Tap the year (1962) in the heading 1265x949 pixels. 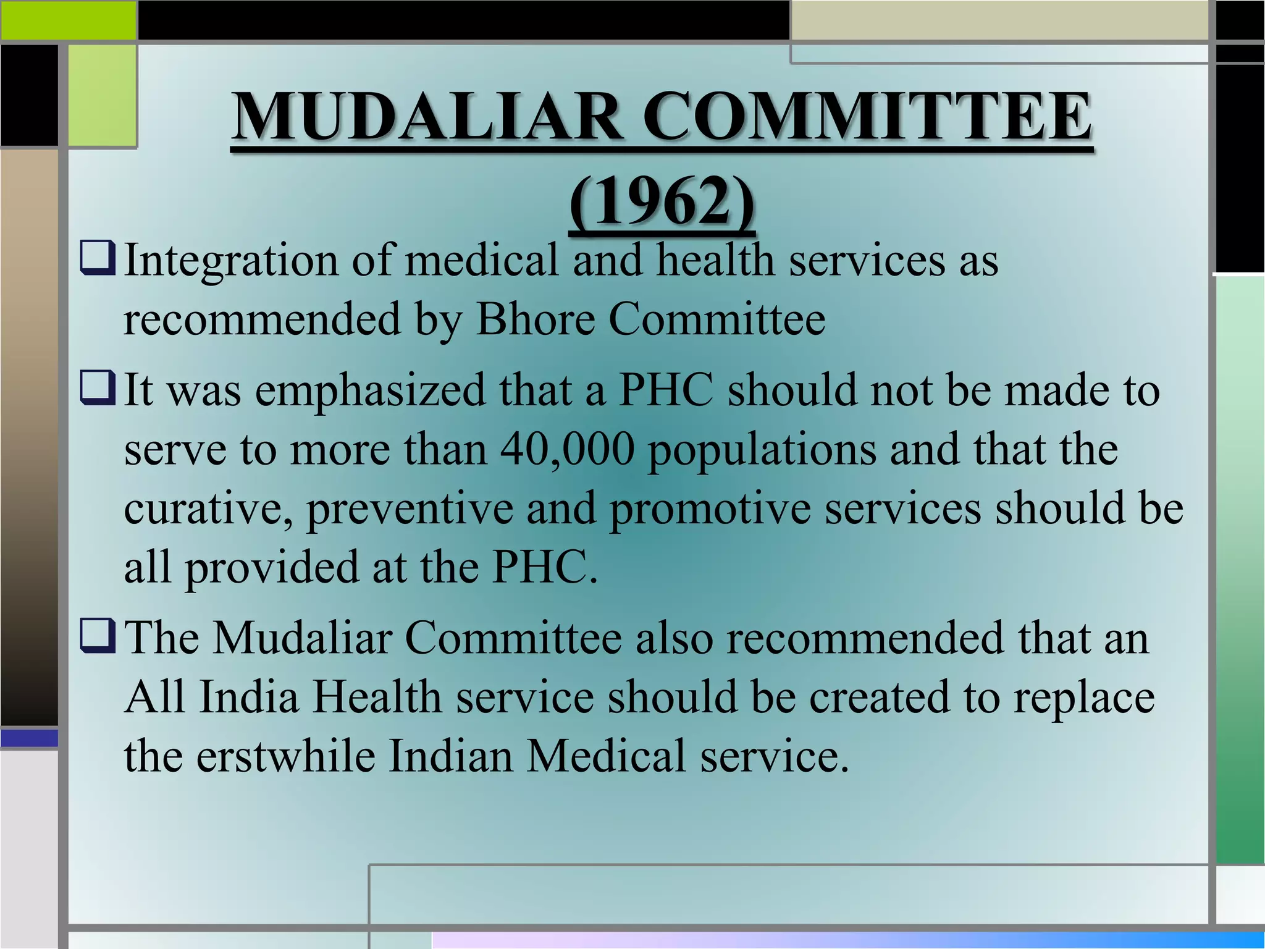662,201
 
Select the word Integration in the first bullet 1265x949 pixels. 231,261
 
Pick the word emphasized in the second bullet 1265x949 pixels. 371,391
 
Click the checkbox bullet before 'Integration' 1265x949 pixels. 98,260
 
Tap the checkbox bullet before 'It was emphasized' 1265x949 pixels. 98,390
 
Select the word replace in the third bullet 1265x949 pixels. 1084,698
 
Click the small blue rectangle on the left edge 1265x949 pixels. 29,738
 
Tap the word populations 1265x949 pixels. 762,450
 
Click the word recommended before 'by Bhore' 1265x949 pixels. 263,319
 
